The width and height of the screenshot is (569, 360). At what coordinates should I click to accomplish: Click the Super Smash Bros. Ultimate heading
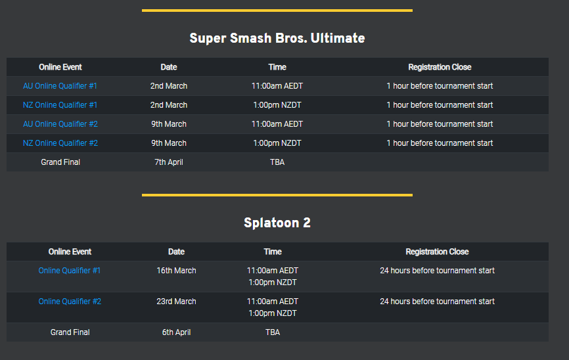tap(277, 38)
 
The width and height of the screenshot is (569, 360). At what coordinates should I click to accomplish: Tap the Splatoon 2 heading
tap(277, 223)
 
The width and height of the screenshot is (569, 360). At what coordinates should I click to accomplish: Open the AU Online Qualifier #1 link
tap(60, 86)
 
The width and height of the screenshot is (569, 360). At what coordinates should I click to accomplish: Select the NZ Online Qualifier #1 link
tap(60, 105)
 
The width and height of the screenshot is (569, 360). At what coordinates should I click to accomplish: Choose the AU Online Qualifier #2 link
tap(60, 124)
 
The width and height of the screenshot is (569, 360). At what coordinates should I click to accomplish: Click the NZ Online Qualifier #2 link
tap(60, 143)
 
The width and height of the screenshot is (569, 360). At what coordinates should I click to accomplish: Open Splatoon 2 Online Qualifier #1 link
tap(70, 271)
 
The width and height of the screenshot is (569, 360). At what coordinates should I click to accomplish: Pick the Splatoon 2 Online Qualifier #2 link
tap(70, 302)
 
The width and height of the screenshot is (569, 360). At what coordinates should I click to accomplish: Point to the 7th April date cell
tap(169, 162)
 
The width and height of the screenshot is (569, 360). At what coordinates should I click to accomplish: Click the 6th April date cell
tap(176, 332)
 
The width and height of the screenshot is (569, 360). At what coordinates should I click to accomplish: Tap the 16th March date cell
tap(176, 271)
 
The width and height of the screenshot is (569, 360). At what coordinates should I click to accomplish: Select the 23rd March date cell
tap(176, 302)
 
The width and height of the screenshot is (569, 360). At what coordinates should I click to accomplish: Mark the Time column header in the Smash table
tap(277, 67)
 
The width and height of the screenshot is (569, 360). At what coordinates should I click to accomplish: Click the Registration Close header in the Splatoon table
tap(437, 252)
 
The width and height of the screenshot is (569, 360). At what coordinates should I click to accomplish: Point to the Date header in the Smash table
tap(169, 67)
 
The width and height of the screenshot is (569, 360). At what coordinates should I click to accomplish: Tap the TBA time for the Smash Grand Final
tap(277, 162)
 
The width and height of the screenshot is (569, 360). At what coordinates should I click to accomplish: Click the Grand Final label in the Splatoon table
tap(70, 332)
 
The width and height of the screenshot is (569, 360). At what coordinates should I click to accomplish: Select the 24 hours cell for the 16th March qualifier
tap(437, 271)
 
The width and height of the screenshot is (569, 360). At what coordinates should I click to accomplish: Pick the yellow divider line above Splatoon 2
tap(277, 195)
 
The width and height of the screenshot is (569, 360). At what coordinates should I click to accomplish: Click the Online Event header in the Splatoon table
tap(70, 252)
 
